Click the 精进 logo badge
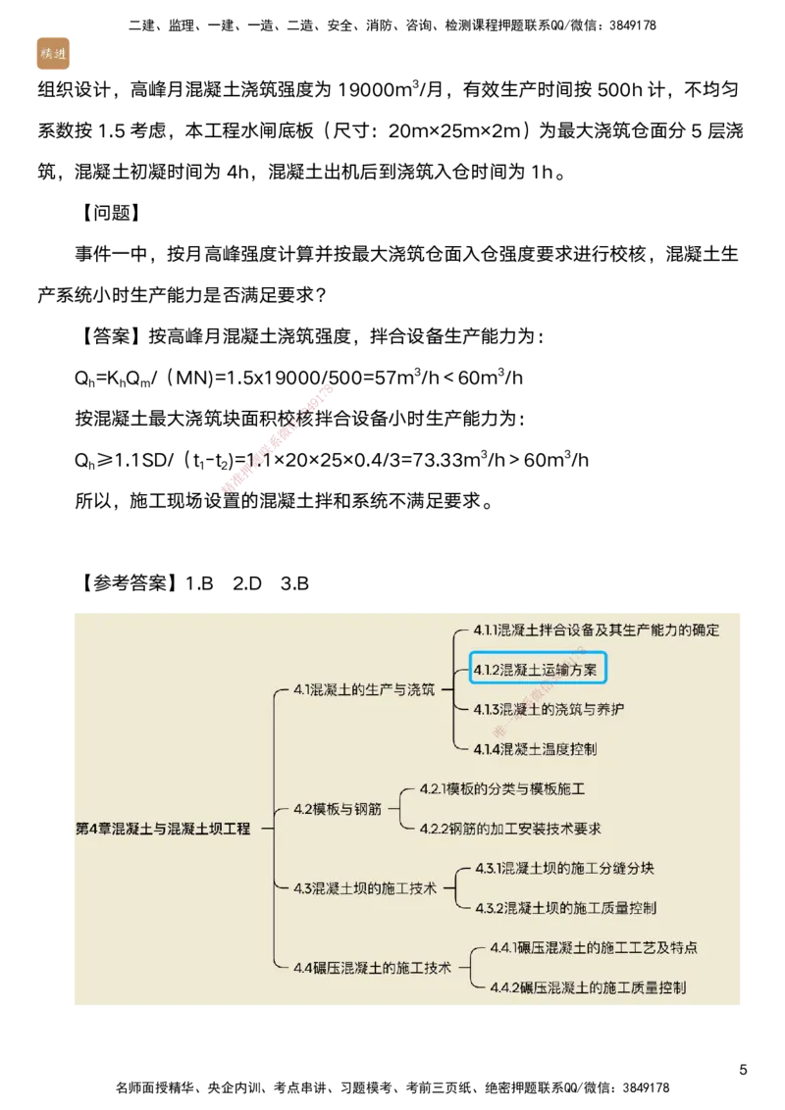[x=52, y=54]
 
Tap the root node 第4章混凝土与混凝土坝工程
[x=163, y=829]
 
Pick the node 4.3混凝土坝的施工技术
[x=365, y=888]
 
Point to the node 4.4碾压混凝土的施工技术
[x=372, y=967]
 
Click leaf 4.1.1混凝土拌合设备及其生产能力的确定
[x=596, y=630]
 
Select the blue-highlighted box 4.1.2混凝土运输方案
[x=539, y=670]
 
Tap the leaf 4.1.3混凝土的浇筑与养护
[x=548, y=709]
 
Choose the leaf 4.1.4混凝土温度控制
[x=535, y=749]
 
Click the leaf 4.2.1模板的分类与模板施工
[x=502, y=788]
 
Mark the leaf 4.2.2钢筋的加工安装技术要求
[x=510, y=829]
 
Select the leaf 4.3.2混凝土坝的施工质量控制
[x=565, y=908]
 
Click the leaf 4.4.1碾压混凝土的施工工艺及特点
[x=594, y=948]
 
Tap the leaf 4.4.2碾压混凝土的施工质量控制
[x=588, y=987]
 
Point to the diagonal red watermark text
[x=278, y=438]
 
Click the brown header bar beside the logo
[x=422, y=58]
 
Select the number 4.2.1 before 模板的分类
[x=433, y=788]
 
